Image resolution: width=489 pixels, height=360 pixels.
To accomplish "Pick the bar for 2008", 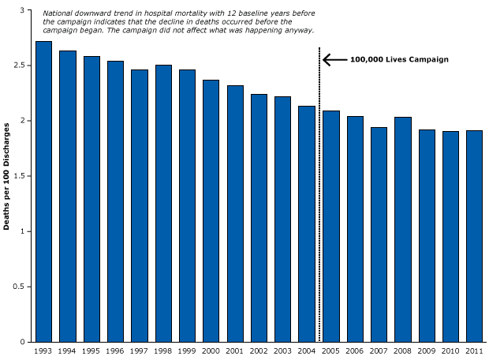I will pos(402,229).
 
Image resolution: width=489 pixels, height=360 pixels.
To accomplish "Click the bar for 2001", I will pos(235,213).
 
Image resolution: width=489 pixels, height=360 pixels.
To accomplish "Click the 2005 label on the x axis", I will pos(330,351).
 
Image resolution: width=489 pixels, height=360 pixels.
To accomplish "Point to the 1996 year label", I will pos(116,351).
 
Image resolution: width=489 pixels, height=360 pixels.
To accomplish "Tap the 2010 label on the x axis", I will pos(450,351).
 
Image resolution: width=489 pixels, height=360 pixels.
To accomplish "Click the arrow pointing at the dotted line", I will pos(334,59).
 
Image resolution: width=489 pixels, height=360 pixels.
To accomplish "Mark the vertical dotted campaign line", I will pos(319,197).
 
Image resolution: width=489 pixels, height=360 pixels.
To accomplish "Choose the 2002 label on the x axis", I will pos(259,351).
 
